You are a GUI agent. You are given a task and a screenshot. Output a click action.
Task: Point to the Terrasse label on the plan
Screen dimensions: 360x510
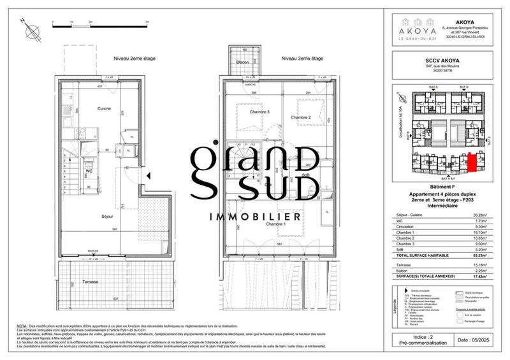pos(85,283)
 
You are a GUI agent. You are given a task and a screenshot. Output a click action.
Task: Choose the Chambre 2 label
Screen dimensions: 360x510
pos(300,118)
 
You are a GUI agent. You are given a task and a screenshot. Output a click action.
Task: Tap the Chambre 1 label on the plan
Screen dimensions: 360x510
pos(276,225)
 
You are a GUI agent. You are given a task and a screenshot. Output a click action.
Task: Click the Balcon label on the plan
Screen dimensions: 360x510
pos(242,62)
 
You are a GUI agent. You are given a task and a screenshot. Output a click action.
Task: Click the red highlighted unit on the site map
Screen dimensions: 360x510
pos(472,162)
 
